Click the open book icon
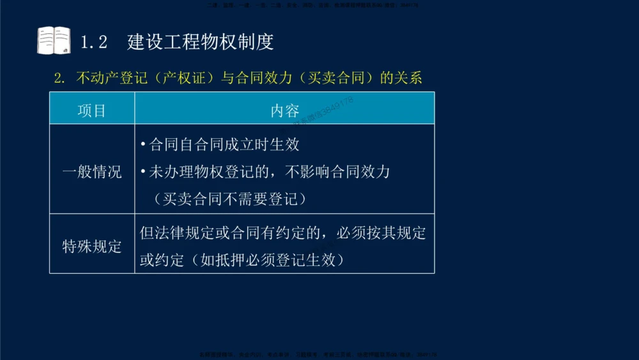(x=54, y=40)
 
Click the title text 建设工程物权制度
(x=201, y=42)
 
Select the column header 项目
(x=92, y=111)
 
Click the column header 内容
(x=285, y=111)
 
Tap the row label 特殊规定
(x=92, y=247)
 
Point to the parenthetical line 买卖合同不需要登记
(x=231, y=200)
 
